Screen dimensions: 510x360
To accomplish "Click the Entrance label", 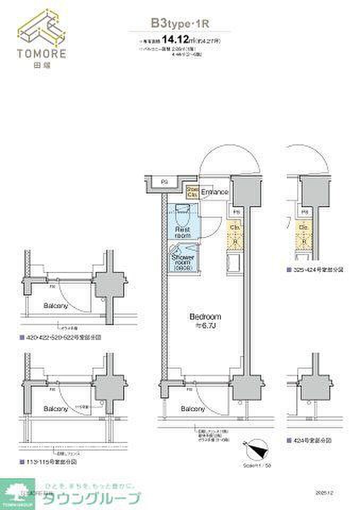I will tap(215, 192).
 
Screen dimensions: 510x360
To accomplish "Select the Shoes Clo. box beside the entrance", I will tap(192, 192).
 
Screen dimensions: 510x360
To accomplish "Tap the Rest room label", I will tap(183, 232).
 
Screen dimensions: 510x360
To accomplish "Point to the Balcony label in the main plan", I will tap(192, 409).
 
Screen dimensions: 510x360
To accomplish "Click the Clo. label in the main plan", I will tap(235, 227).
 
